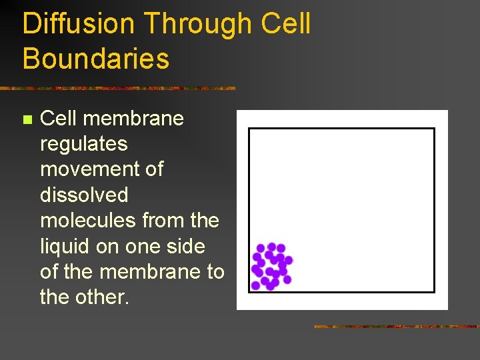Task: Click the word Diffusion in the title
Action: (79, 24)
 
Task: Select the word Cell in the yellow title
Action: (286, 24)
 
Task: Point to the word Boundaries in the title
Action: (96, 59)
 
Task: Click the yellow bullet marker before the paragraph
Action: (27, 120)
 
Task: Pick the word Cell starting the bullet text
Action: (59, 119)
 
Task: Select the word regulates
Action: (84, 144)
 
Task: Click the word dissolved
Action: (84, 195)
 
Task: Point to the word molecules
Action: (89, 220)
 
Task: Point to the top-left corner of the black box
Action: (249, 129)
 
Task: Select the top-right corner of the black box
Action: (434, 129)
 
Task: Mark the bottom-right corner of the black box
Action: (434, 292)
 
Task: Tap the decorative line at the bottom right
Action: (397, 327)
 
